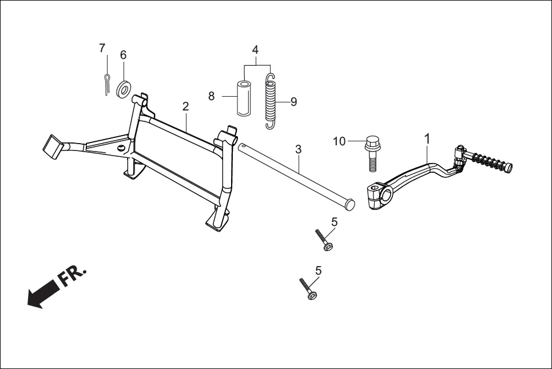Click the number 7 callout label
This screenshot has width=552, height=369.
click(102, 47)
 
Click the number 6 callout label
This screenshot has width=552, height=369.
click(123, 55)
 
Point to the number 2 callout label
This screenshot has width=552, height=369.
click(185, 106)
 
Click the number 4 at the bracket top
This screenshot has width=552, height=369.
click(256, 49)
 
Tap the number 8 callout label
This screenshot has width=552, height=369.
click(211, 96)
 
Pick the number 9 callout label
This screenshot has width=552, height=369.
click(293, 102)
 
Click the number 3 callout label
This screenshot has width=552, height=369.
click(298, 150)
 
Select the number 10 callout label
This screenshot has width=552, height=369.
click(339, 141)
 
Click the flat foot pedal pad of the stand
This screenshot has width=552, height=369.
click(52, 145)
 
